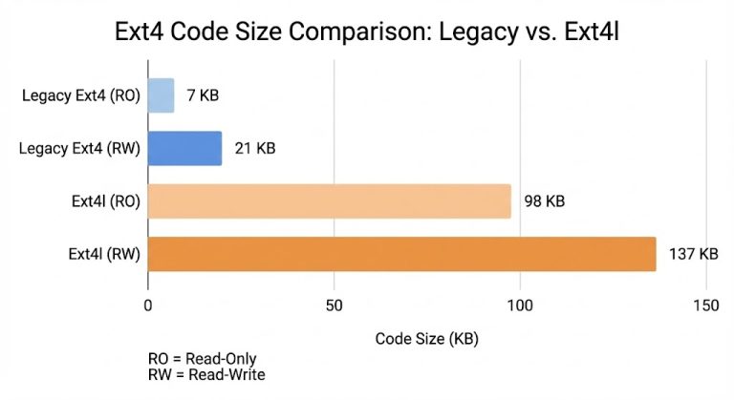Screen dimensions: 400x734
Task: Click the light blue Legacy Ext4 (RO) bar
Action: (161, 95)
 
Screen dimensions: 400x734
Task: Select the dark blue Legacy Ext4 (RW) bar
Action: (184, 148)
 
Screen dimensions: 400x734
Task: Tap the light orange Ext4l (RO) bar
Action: (330, 201)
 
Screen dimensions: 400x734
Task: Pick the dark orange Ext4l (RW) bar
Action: (401, 254)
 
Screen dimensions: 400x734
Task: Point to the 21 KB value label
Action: (256, 148)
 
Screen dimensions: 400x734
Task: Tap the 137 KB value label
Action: (695, 254)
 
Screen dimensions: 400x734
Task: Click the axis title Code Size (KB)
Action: (426, 338)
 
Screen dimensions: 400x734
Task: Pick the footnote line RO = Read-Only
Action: (202, 359)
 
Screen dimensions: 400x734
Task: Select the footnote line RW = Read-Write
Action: (206, 375)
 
